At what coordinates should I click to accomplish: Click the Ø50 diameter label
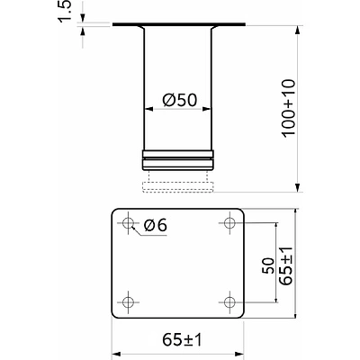[x=180, y=100]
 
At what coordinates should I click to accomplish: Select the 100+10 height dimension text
[x=289, y=109]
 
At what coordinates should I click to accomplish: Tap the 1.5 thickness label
[x=65, y=11]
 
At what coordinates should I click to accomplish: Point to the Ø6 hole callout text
[x=155, y=225]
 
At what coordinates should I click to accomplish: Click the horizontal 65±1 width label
[x=183, y=340]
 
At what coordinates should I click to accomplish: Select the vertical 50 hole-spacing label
[x=268, y=265]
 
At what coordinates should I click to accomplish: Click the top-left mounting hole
[x=129, y=223]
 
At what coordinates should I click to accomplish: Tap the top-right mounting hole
[x=229, y=223]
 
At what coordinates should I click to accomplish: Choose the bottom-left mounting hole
[x=129, y=301]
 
